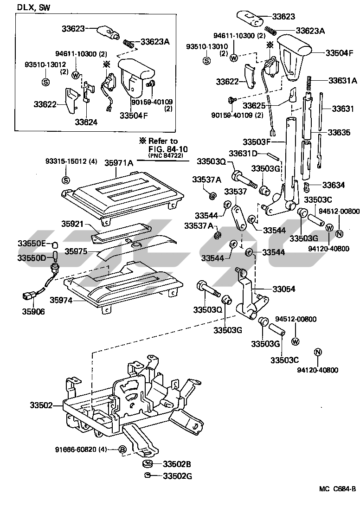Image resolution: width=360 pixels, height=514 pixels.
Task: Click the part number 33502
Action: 43,405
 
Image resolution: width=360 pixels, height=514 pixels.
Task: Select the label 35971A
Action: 119,163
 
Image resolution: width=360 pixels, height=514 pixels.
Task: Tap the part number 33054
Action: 283,289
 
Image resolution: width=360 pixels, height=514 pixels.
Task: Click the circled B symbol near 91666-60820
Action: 122,449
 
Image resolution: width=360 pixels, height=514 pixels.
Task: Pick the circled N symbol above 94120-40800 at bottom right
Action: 318,352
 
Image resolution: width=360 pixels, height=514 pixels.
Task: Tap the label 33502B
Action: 177,464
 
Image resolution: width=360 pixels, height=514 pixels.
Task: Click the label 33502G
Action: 177,476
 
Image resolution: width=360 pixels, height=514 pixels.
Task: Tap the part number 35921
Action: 72,224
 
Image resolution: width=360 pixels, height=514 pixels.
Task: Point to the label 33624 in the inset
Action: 87,122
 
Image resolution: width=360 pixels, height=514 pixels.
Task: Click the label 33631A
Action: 343,80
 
